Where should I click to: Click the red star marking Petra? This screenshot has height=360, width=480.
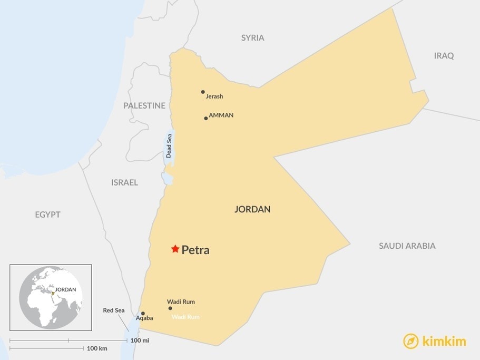175,249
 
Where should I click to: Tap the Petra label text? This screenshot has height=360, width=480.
195,250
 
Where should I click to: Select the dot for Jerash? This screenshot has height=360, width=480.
203,92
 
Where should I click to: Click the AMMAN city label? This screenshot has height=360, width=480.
221,115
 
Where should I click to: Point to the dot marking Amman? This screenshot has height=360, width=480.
206,118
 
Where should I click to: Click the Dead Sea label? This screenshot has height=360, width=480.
169,146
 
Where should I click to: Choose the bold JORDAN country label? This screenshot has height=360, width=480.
252,209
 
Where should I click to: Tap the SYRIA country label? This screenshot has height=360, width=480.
253,38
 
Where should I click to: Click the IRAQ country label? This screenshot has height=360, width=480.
444,56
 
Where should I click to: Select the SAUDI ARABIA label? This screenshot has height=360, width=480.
407,246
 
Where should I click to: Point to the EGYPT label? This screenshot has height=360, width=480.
48,215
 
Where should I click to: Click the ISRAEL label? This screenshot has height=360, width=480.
124,182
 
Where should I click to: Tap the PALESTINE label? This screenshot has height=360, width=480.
144,105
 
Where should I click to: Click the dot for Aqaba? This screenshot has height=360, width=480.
143,313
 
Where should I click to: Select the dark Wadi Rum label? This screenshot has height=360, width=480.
181,301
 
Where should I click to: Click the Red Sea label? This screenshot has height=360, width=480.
113,310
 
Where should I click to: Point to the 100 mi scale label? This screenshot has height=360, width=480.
140,340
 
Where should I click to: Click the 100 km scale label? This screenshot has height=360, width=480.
97,349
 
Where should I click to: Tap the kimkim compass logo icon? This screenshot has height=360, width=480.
411,342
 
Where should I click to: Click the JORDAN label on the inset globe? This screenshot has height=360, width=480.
66,289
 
